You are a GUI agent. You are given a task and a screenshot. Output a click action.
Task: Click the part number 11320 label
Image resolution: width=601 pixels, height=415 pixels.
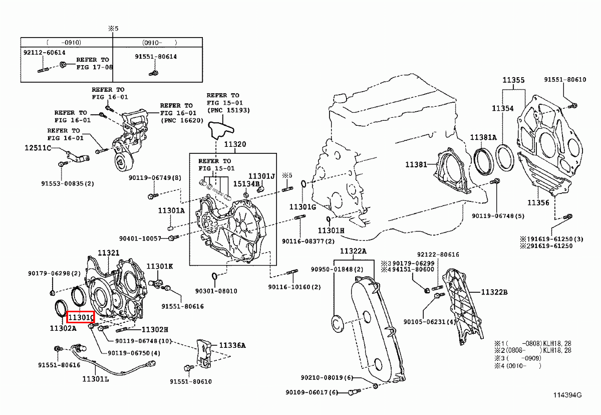pyautogui.click(x=235, y=145)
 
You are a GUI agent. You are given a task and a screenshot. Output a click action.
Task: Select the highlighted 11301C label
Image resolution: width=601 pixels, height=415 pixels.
pyautogui.click(x=81, y=317)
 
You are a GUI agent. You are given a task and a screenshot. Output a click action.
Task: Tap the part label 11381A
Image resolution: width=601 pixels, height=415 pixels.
pyautogui.click(x=483, y=137)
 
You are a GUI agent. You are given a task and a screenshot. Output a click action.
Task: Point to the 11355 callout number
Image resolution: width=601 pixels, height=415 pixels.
pyautogui.click(x=513, y=80)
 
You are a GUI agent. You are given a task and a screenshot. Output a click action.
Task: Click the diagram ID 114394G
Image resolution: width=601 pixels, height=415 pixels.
pyautogui.click(x=567, y=395)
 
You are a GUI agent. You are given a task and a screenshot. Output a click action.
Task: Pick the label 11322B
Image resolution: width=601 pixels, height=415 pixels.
pyautogui.click(x=495, y=292)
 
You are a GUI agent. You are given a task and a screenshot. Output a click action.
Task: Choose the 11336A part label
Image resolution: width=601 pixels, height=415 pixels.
pyautogui.click(x=232, y=345)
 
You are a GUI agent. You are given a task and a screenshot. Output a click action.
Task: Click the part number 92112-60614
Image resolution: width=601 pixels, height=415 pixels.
pyautogui.click(x=45, y=52)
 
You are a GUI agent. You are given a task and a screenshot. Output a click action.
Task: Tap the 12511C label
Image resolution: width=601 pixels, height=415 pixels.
pyautogui.click(x=38, y=148)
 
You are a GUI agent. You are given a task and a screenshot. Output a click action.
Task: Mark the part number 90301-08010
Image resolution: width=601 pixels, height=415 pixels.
pyautogui.click(x=216, y=291)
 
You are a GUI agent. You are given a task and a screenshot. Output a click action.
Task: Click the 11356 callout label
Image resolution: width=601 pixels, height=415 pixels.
pyautogui.click(x=538, y=202)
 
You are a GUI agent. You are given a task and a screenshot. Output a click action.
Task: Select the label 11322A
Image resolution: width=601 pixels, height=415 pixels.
pyautogui.click(x=353, y=251)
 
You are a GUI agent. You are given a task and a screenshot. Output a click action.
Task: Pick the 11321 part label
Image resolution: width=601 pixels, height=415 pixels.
pyautogui.click(x=108, y=253)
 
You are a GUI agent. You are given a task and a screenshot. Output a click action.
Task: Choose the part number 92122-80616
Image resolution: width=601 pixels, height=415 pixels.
pyautogui.click(x=437, y=255)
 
